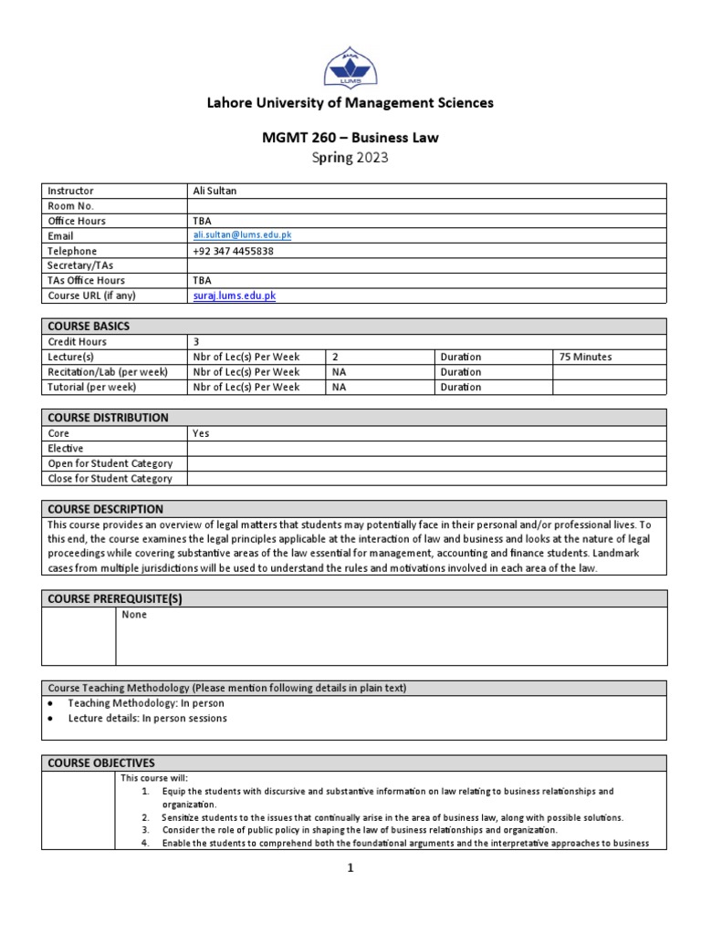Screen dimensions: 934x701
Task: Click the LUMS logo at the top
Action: pos(350,65)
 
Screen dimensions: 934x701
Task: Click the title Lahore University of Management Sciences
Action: pos(350,103)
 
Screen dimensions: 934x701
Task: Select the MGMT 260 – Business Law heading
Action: pos(350,138)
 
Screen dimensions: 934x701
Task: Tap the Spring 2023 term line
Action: pos(350,158)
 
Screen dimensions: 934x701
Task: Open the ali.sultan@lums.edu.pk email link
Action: pos(242,235)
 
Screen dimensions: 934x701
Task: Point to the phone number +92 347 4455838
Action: pos(234,251)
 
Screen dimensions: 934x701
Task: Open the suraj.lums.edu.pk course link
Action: pos(234,296)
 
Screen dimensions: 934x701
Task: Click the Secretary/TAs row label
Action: pos(80,265)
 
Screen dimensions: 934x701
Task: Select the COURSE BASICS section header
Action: pos(88,326)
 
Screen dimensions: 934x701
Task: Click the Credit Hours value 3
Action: pos(195,341)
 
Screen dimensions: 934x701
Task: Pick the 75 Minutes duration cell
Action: pos(585,357)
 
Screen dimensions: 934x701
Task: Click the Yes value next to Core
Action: pos(201,433)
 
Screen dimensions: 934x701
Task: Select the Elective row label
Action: pos(65,449)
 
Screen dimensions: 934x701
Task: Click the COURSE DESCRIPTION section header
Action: pos(105,509)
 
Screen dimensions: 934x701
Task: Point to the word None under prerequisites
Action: pos(134,615)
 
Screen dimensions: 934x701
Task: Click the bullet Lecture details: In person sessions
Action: pos(147,718)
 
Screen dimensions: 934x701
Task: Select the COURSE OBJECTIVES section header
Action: pos(101,763)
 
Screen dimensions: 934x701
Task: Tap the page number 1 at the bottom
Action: pos(350,868)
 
